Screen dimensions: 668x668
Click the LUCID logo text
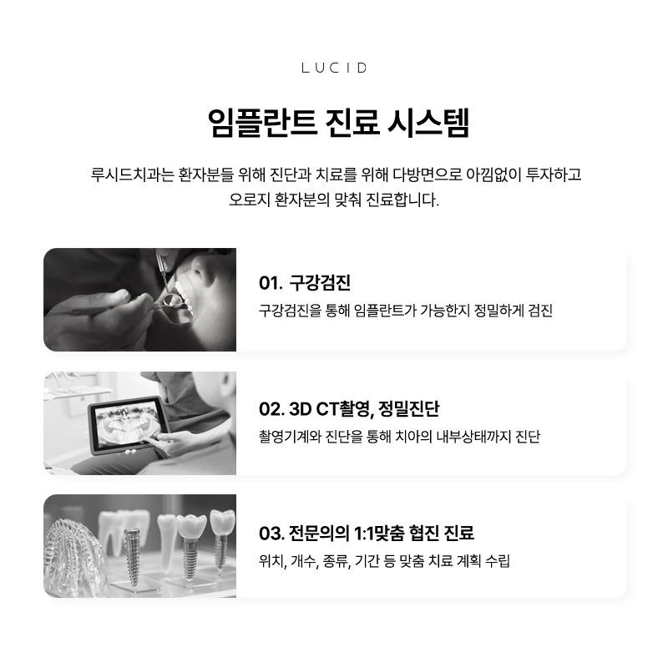tap(334, 68)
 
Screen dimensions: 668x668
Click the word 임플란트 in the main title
tap(262, 123)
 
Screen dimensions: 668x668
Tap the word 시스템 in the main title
tap(428, 123)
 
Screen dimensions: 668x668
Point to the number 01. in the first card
tap(270, 283)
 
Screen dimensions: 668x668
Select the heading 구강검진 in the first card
tap(320, 283)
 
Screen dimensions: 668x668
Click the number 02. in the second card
tap(271, 409)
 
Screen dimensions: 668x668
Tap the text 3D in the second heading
tap(301, 409)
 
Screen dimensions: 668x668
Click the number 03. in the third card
tap(271, 533)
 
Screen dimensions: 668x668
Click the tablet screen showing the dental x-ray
tap(128, 424)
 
